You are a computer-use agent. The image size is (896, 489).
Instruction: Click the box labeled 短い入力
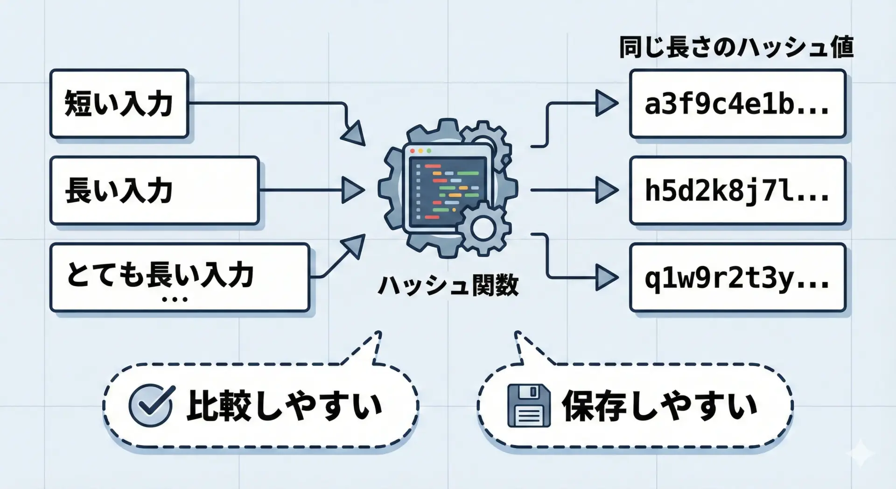119,103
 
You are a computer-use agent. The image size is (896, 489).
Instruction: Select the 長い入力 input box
154,190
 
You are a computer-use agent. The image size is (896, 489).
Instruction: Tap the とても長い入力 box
180,277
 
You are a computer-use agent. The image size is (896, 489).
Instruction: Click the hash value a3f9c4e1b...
737,104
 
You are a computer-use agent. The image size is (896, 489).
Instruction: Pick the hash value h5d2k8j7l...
737,191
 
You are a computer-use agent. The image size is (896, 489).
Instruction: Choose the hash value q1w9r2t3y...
737,277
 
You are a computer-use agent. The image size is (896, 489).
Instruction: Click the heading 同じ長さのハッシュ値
736,47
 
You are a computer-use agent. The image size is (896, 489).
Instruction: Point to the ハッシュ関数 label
448,285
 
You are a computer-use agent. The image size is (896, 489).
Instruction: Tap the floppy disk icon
529,405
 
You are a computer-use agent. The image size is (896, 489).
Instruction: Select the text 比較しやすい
285,405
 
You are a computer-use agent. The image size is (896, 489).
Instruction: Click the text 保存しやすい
659,405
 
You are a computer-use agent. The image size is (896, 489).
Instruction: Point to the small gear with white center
483,228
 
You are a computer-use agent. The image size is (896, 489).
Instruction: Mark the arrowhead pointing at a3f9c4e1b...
606,103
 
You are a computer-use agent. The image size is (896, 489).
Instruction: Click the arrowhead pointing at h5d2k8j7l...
606,190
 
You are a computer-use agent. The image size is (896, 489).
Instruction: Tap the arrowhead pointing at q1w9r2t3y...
606,277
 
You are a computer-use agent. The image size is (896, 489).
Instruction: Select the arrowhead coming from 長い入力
352,190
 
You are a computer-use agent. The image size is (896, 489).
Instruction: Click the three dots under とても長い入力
175,299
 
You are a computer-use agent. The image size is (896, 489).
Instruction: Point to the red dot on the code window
413,151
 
